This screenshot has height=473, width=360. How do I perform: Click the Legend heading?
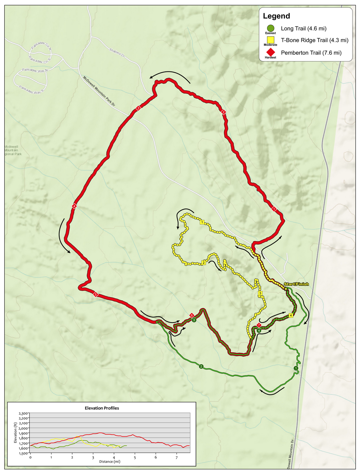[x=276, y=16]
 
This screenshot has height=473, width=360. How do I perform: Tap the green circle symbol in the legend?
[x=271, y=28]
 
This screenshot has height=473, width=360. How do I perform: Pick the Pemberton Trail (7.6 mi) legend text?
[x=311, y=53]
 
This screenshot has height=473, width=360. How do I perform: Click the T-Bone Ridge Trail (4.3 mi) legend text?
[x=314, y=40]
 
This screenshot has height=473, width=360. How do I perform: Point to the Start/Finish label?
[x=296, y=284]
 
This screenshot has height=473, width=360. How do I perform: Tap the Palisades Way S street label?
[x=31, y=90]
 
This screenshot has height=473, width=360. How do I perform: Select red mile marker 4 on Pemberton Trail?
[x=74, y=206]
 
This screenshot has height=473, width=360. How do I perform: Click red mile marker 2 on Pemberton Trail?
[x=223, y=112]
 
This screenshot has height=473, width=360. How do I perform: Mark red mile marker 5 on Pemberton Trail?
[x=96, y=294]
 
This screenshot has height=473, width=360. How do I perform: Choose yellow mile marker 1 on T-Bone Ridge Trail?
[x=202, y=222]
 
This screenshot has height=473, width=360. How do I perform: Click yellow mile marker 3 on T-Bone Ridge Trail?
[x=260, y=293]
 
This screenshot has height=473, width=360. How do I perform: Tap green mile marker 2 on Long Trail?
[x=201, y=366]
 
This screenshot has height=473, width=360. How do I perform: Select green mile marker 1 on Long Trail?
[x=296, y=368]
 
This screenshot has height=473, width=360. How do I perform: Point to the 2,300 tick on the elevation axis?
[x=24, y=413]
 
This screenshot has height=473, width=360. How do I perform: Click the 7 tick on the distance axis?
[x=176, y=458]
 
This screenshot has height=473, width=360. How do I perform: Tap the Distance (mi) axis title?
[x=110, y=462]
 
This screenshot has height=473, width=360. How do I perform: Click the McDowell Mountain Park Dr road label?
[x=99, y=91]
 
